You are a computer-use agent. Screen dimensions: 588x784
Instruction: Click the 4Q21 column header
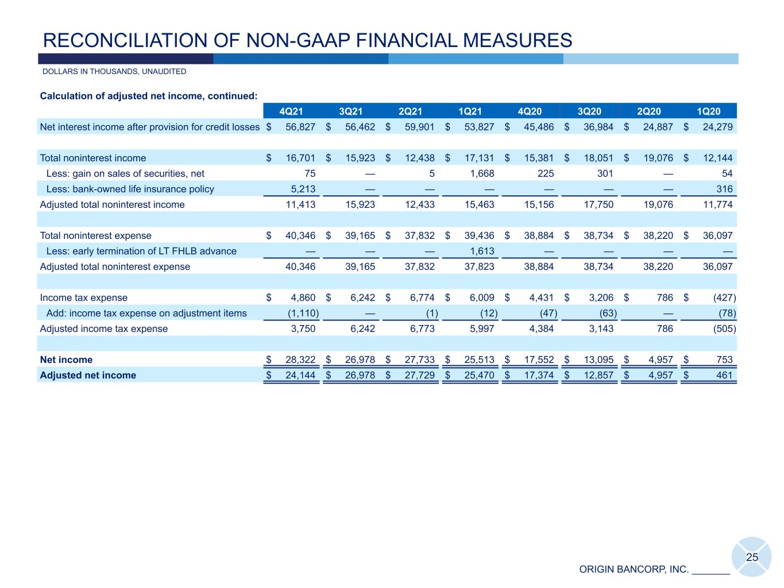coord(291,111)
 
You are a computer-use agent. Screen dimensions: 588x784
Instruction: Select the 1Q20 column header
coord(708,111)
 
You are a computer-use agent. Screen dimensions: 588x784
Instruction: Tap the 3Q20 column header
coord(589,111)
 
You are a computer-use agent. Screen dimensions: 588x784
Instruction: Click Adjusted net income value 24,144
coord(300,376)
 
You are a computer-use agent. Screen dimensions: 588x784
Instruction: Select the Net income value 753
coord(724,360)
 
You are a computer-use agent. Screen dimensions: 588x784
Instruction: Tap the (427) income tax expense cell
coord(724,298)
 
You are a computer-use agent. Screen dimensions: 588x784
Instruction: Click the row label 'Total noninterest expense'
coord(95,235)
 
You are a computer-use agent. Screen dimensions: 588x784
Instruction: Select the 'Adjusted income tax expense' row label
coord(104,329)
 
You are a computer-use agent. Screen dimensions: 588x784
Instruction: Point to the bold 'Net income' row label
coord(66,360)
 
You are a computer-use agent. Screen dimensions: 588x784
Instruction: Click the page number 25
coord(752,557)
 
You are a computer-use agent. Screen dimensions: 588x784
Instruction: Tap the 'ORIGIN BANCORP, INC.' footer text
coord(634,570)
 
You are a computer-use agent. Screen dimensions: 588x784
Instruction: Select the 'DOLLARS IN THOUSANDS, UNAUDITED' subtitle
coord(114,72)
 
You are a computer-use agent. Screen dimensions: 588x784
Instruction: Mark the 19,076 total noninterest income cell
coord(658,158)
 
